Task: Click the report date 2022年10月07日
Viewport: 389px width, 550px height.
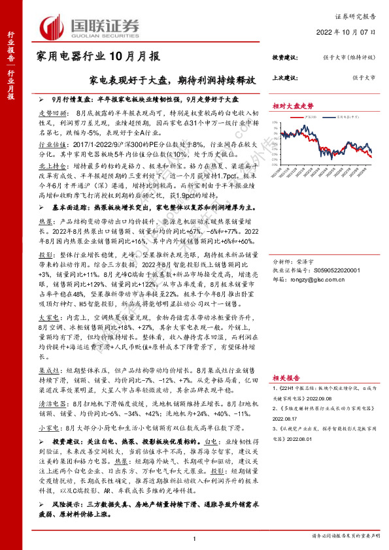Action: [351, 31]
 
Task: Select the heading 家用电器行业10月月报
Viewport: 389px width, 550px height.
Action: [98, 56]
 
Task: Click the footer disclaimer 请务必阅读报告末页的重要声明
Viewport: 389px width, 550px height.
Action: [343, 537]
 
